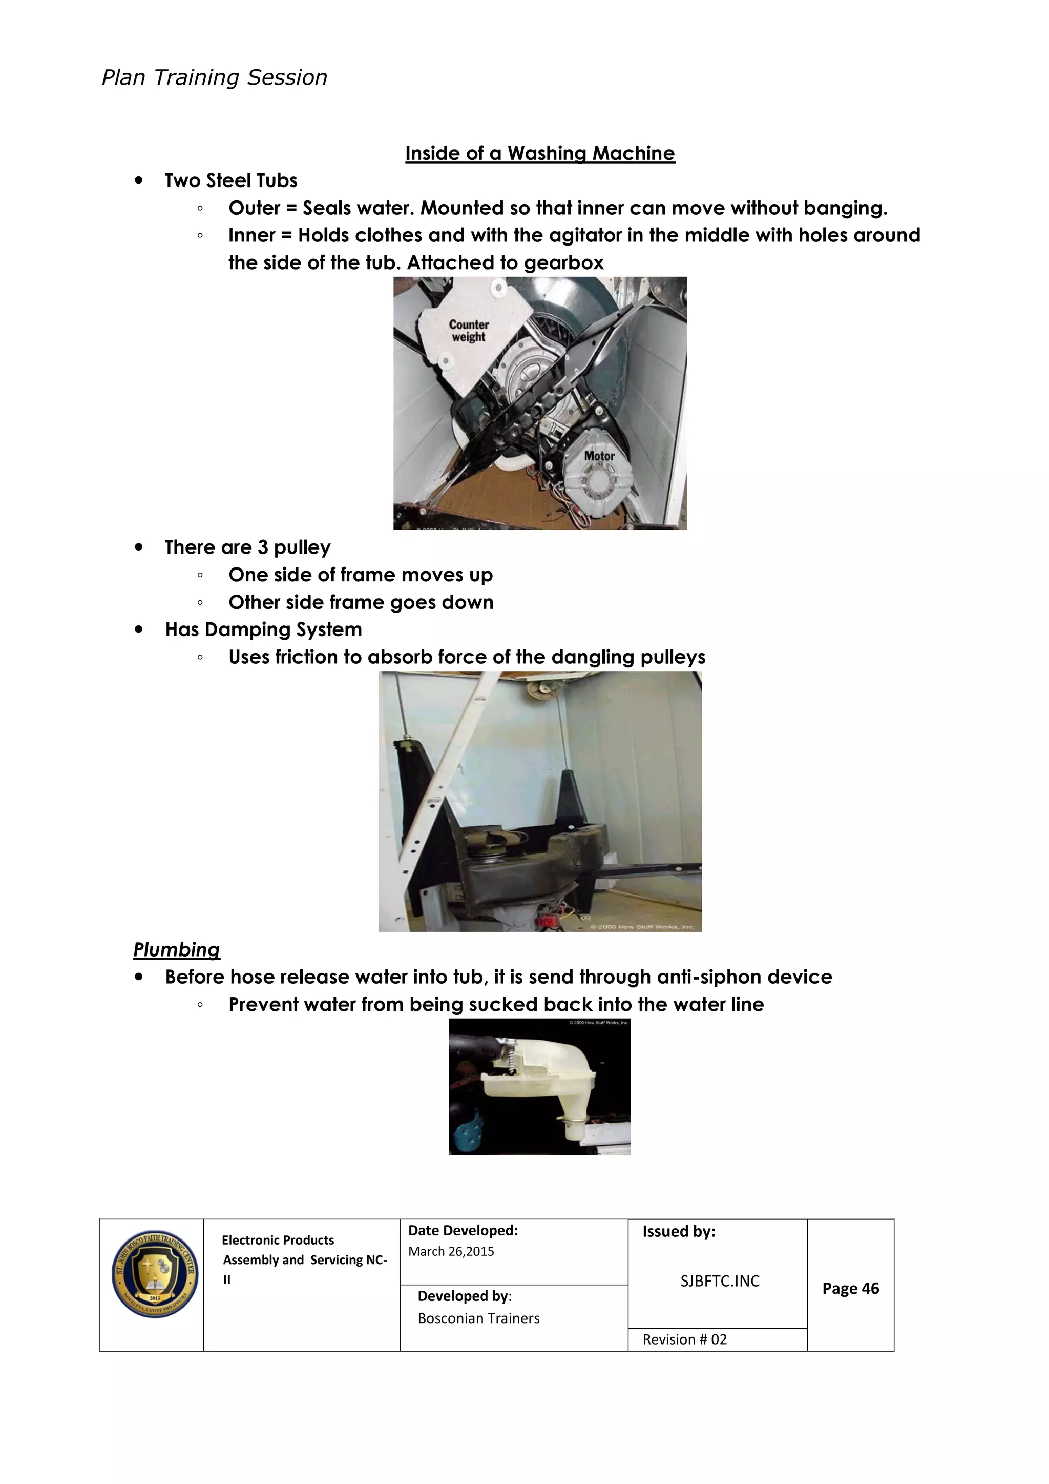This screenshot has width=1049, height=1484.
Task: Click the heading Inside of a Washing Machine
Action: [539, 153]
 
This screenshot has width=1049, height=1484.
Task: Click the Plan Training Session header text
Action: [214, 77]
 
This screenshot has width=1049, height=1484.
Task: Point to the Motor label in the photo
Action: [599, 456]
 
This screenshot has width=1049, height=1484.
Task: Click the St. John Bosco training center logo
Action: [154, 1274]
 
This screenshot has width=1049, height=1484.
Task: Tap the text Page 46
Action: [850, 1288]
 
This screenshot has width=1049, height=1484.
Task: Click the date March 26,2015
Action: [451, 1251]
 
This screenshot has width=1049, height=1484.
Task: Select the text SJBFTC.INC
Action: [720, 1281]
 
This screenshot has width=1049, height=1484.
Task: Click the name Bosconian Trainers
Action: [478, 1318]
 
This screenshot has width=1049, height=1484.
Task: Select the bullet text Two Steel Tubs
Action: [230, 180]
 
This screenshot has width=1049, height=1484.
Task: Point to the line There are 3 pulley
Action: [247, 547]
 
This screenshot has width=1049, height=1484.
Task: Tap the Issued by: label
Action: [678, 1231]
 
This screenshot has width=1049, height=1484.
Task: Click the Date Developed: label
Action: [463, 1231]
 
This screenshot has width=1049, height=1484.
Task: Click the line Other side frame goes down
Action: [361, 602]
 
